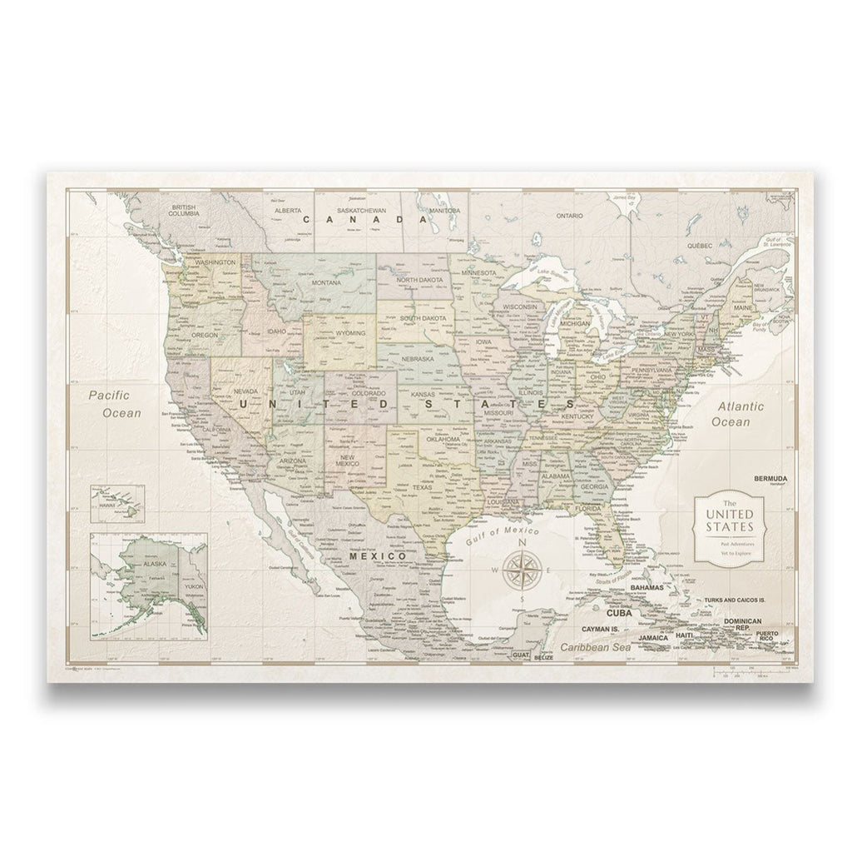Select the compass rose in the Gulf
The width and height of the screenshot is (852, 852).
click(523, 570)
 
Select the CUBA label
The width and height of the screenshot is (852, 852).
click(625, 614)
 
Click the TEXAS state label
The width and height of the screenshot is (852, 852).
click(422, 488)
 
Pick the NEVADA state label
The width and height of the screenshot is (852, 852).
click(245, 389)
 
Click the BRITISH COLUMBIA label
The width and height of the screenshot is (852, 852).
click(185, 210)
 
